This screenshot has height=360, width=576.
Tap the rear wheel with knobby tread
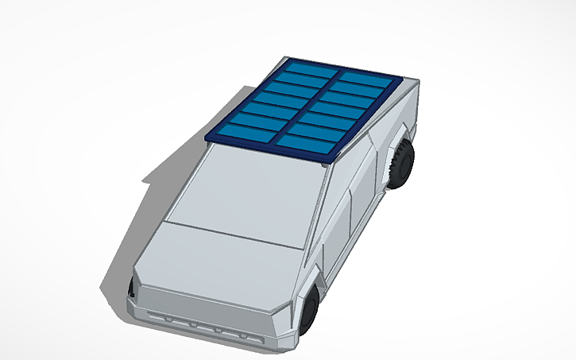click(402, 164)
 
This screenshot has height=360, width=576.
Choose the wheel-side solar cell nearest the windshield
click(307, 144)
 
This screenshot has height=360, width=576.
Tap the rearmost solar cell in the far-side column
click(311, 69)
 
